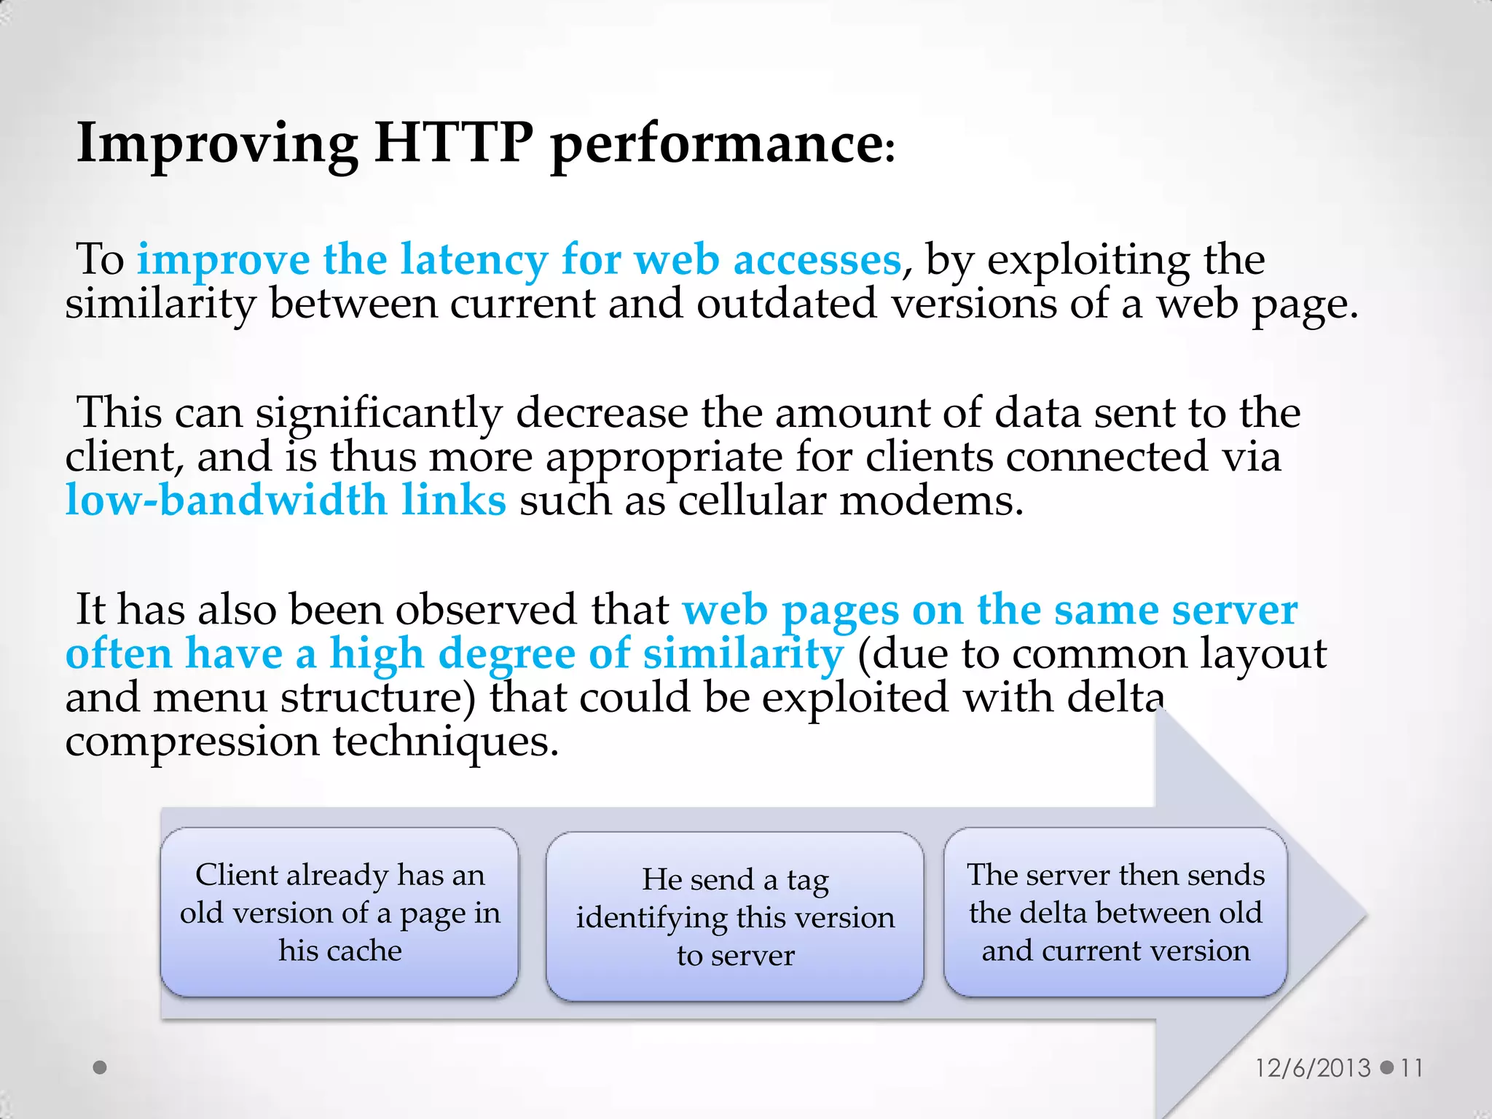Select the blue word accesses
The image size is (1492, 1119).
[817, 259]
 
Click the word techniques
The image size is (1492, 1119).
[446, 741]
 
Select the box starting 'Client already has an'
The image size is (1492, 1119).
[339, 912]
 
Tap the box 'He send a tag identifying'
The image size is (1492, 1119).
[735, 916]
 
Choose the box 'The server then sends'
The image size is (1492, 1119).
[1115, 912]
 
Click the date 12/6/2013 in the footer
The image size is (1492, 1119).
[1313, 1068]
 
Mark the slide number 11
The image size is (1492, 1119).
[1412, 1068]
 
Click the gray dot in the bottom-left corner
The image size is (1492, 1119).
[101, 1067]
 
